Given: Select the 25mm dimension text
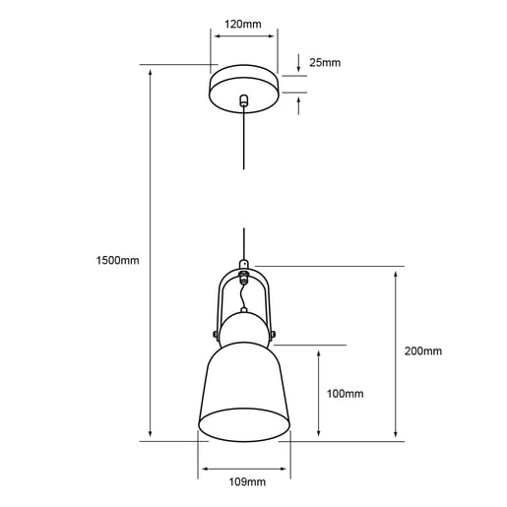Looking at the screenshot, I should [x=324, y=63].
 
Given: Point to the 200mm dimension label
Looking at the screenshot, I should [x=423, y=351].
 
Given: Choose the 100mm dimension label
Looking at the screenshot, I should [x=345, y=394].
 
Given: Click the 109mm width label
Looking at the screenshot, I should [x=245, y=482].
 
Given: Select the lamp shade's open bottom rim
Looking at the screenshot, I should [x=245, y=425].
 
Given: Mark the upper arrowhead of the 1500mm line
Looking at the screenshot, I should [x=150, y=71].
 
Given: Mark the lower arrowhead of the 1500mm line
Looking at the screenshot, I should [x=150, y=436].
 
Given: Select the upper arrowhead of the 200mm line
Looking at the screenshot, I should [x=396, y=272].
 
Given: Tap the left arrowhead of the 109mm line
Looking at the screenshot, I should [x=202, y=467].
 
